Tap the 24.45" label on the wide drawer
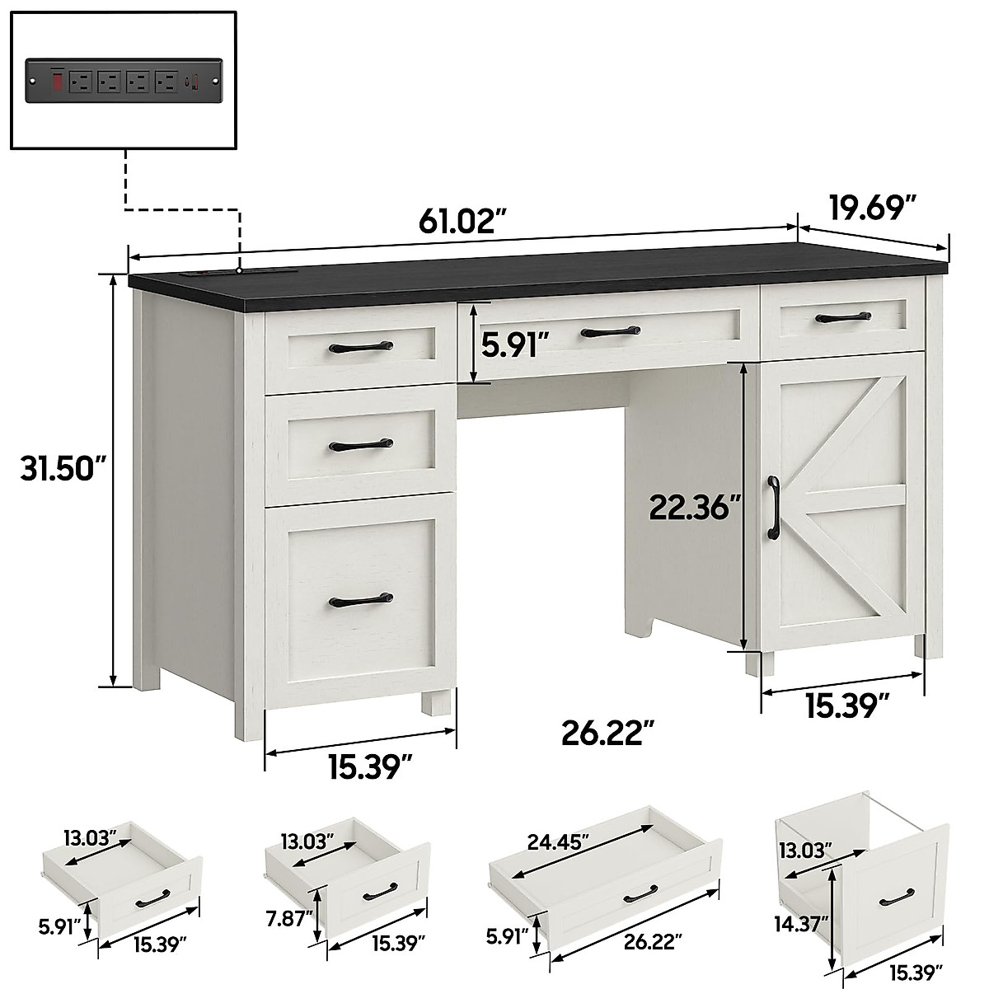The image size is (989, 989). pyautogui.click(x=559, y=842)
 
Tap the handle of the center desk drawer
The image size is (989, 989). pyautogui.click(x=610, y=331)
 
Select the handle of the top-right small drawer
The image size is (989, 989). pyautogui.click(x=842, y=316)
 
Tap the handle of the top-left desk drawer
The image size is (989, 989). pyautogui.click(x=360, y=348)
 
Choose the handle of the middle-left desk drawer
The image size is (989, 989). pyautogui.click(x=360, y=446)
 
